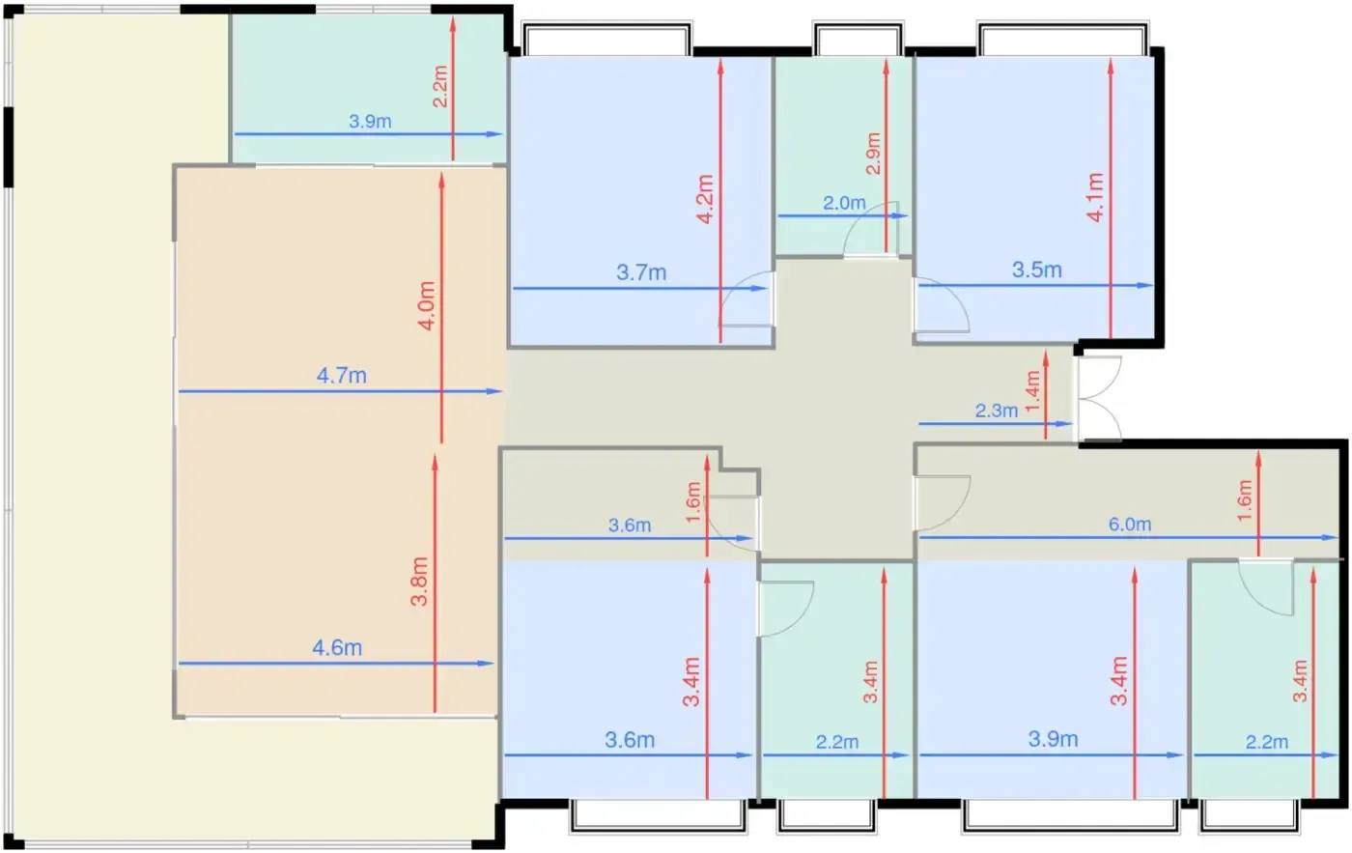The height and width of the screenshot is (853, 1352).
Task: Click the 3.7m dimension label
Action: coord(641,272)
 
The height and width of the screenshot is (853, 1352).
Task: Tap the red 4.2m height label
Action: coord(706,199)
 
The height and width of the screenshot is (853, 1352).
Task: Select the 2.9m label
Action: coord(873,154)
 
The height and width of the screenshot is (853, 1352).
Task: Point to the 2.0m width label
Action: coord(844,203)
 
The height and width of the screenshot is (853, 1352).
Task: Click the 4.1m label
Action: coord(1095,197)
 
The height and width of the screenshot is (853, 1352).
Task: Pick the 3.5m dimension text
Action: coord(1037,270)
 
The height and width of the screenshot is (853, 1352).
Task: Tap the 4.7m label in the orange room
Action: coord(342,376)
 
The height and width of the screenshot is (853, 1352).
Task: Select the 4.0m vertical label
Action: coord(426,305)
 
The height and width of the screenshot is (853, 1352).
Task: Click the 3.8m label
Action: coord(419,581)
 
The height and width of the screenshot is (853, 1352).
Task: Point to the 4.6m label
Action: coord(337,648)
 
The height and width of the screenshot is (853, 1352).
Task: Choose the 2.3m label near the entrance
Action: coord(997,411)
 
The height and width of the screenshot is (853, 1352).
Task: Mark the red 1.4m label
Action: coord(1032,391)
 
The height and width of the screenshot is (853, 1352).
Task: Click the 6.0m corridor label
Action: coord(1130,524)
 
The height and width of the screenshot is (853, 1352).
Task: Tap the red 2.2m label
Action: coord(440,86)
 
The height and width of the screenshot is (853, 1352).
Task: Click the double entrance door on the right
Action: coord(1100,398)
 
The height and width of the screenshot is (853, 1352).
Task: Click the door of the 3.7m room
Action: coord(746,299)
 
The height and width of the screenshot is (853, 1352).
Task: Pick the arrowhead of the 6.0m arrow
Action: coord(1330,537)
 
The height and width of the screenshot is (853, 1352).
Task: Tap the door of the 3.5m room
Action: coord(942,305)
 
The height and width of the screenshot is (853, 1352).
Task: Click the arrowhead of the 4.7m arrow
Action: coord(494,391)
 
